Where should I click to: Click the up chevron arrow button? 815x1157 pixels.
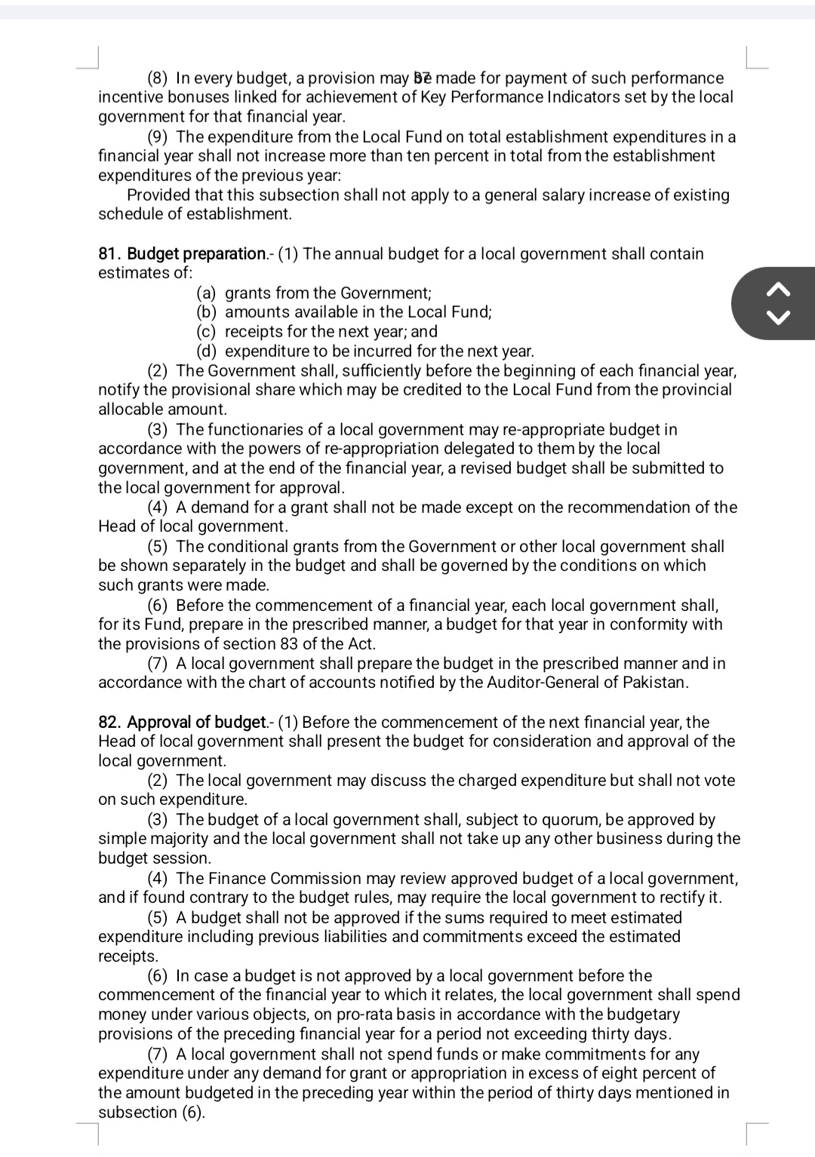pos(780,288)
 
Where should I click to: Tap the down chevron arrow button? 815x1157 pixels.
pos(780,316)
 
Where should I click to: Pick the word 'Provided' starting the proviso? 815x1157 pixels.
pos(158,195)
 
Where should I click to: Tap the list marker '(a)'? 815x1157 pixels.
pos(207,293)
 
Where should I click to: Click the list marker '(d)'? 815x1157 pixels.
pos(207,351)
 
